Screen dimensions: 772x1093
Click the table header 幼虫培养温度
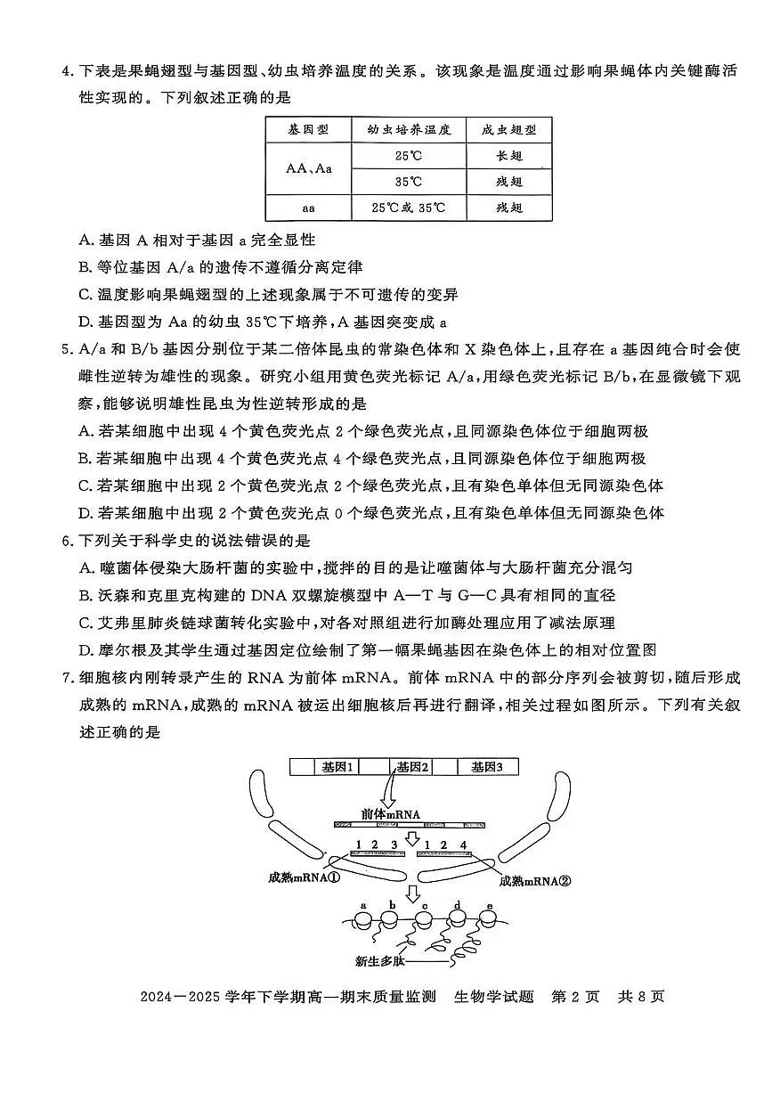[409, 130]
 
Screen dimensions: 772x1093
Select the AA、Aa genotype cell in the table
[308, 168]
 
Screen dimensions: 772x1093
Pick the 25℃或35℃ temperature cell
[409, 208]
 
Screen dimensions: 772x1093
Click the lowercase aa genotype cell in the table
[308, 208]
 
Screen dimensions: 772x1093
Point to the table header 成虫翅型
[508, 130]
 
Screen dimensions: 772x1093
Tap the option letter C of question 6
[85, 623]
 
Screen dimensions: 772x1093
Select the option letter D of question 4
[85, 322]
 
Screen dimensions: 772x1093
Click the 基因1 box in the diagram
[338, 766]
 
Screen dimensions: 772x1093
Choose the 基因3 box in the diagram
[487, 766]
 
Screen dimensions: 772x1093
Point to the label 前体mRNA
[390, 814]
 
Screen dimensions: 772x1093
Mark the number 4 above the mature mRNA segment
[463, 844]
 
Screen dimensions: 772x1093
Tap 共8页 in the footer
[640, 996]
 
